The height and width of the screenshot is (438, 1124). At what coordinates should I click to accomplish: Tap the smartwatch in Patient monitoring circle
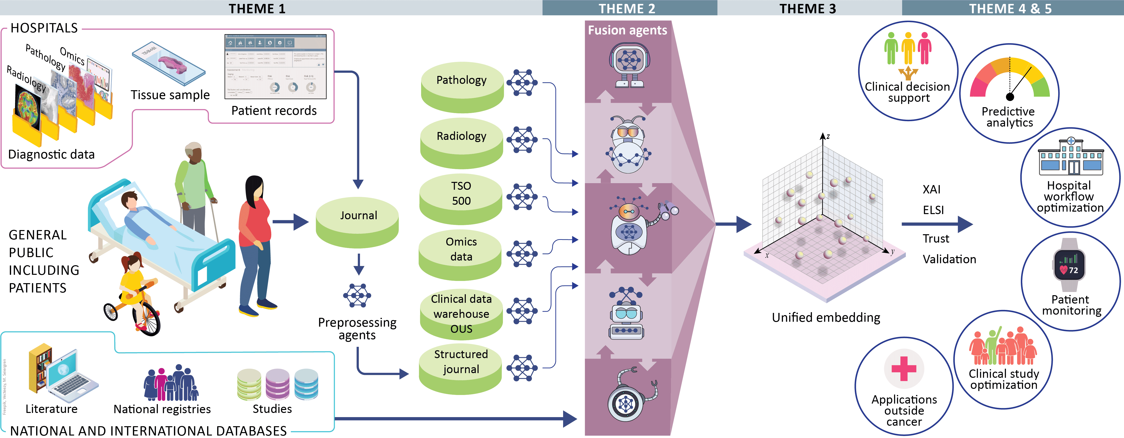click(1069, 265)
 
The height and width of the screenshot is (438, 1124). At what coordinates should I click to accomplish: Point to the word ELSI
click(933, 210)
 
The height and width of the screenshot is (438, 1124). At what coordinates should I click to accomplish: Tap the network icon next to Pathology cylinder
click(522, 83)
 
